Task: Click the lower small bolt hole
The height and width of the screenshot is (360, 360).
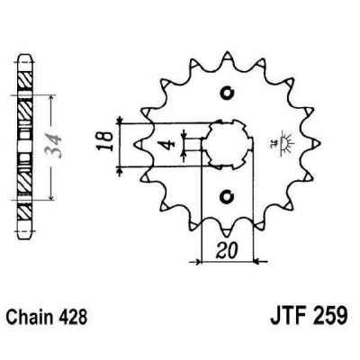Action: coord(225,192)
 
